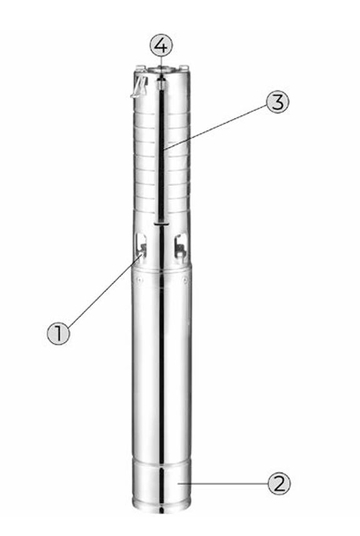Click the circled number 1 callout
click(x=58, y=333)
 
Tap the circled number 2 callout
click(x=279, y=483)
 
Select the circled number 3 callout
click(x=277, y=102)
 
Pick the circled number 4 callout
click(x=161, y=46)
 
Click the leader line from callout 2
click(x=222, y=483)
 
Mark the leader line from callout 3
click(x=216, y=127)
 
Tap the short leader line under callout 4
click(x=161, y=62)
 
